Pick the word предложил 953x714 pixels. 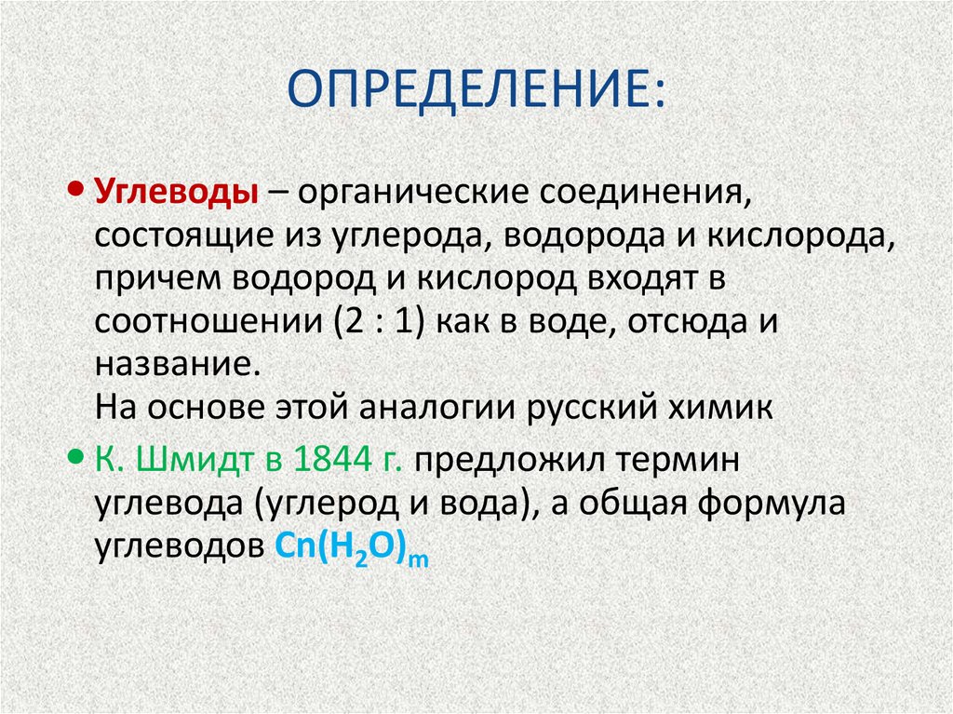coord(501,461)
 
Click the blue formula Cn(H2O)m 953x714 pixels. coord(352,547)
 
